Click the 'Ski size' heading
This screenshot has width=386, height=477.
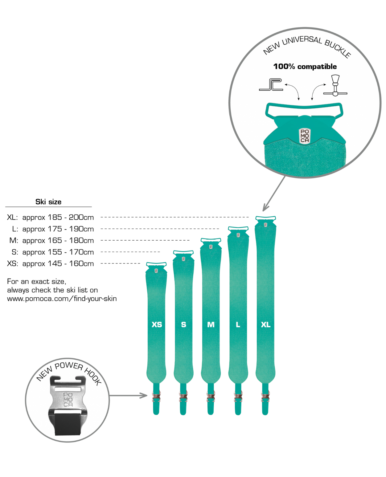(48, 202)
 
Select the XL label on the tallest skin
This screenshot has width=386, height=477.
(265, 324)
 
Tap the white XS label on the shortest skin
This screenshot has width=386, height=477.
(157, 324)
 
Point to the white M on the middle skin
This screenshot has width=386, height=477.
(211, 324)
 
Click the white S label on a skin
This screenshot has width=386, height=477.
(184, 324)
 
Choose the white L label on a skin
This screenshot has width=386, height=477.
(238, 324)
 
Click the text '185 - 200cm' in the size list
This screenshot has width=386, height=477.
(71, 217)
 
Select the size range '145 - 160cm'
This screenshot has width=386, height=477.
(71, 263)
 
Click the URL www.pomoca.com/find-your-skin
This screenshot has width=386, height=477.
(62, 299)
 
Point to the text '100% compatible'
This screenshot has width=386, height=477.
(305, 67)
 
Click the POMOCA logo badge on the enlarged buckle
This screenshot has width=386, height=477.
(305, 136)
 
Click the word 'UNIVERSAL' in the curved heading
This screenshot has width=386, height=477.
(302, 40)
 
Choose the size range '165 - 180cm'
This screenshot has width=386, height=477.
(71, 240)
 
